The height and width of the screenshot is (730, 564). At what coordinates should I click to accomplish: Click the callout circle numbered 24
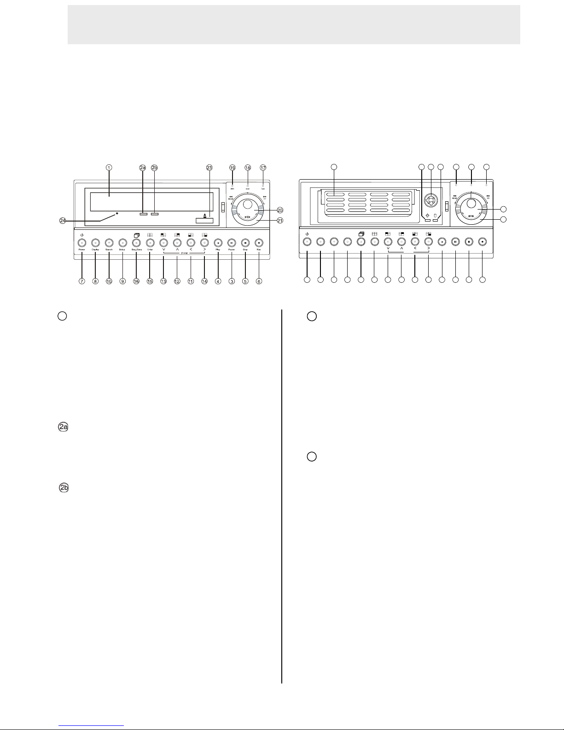pyautogui.click(x=63, y=221)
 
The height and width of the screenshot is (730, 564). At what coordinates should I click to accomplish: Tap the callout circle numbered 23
pyautogui.click(x=209, y=168)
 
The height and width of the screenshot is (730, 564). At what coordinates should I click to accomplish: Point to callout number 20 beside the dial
pyautogui.click(x=280, y=210)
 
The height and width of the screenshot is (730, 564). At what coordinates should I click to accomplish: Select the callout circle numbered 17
pyautogui.click(x=263, y=168)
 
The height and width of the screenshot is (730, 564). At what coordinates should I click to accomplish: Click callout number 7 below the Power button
pyautogui.click(x=82, y=281)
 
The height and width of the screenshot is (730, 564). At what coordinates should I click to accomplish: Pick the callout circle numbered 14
pyautogui.click(x=204, y=281)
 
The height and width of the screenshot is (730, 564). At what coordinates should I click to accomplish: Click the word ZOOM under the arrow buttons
pyautogui.click(x=184, y=253)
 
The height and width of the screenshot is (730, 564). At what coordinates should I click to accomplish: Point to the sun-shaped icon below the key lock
pyautogui.click(x=428, y=216)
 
